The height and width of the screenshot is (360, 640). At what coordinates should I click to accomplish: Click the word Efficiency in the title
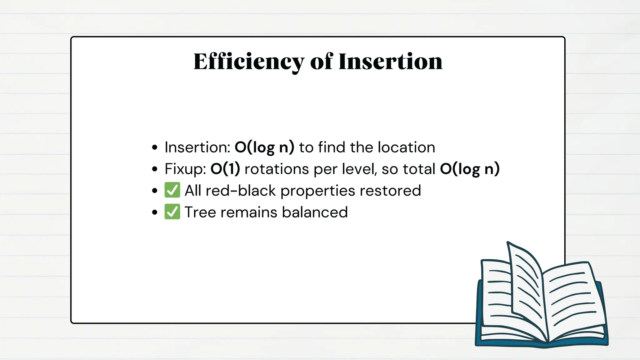(x=248, y=62)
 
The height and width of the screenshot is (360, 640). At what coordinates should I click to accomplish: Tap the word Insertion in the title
(x=390, y=62)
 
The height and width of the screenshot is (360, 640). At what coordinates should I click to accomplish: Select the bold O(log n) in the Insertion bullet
(x=264, y=147)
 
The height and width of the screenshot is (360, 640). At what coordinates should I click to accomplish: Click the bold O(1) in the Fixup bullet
(x=225, y=169)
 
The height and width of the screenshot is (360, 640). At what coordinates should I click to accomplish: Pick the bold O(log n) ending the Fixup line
(x=470, y=169)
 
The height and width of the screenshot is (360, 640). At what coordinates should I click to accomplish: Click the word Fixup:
(x=185, y=169)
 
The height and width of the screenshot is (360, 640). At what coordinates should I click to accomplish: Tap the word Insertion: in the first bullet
(x=197, y=147)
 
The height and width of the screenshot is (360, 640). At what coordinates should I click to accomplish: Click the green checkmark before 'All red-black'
(x=172, y=190)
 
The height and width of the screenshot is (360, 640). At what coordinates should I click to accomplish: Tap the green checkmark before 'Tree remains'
(x=172, y=212)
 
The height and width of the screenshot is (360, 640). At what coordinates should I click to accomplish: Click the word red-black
(x=241, y=191)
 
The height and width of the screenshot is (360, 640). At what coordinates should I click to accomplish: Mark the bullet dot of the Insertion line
(x=155, y=147)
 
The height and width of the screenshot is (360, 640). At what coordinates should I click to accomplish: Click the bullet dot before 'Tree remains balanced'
(x=155, y=212)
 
